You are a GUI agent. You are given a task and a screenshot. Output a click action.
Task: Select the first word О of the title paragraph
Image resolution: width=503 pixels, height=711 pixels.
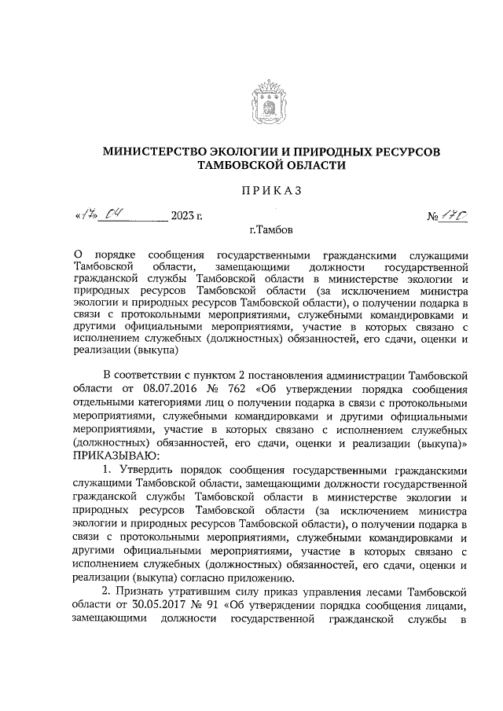(x=77, y=255)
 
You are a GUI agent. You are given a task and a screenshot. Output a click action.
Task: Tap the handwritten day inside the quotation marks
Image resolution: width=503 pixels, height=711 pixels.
(x=85, y=212)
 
